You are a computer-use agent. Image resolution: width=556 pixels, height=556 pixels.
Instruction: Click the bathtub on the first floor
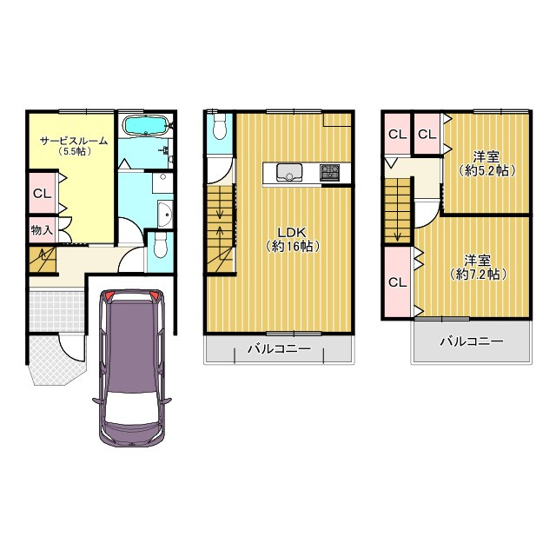click(145, 125)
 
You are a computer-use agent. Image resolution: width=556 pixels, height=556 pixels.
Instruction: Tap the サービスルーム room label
click(74, 141)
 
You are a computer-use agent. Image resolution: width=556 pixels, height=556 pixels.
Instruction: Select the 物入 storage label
click(42, 230)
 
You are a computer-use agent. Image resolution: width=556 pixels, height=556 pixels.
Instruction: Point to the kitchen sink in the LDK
click(289, 172)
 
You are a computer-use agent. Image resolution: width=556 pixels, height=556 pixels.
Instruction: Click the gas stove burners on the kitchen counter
click(330, 172)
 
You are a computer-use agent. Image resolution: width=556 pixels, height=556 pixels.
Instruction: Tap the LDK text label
click(292, 233)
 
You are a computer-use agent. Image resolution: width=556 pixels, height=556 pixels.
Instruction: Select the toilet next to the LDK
click(220, 127)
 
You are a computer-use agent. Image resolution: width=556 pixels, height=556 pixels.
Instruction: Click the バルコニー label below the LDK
click(279, 349)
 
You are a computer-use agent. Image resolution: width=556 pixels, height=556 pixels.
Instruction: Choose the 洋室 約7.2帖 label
click(478, 268)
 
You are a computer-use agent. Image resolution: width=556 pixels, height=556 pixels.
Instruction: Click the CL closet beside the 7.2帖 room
click(398, 282)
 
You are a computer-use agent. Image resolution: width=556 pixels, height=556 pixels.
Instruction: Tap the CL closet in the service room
click(43, 194)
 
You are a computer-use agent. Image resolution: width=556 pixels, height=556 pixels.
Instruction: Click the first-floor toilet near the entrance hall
click(160, 245)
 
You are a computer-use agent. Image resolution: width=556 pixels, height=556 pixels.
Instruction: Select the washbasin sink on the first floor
click(165, 215)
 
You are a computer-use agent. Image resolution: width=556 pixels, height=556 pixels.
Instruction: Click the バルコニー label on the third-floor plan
click(472, 341)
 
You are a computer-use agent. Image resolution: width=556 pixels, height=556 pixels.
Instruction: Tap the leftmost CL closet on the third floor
click(398, 134)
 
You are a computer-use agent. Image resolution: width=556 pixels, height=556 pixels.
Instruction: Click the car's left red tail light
click(109, 295)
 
